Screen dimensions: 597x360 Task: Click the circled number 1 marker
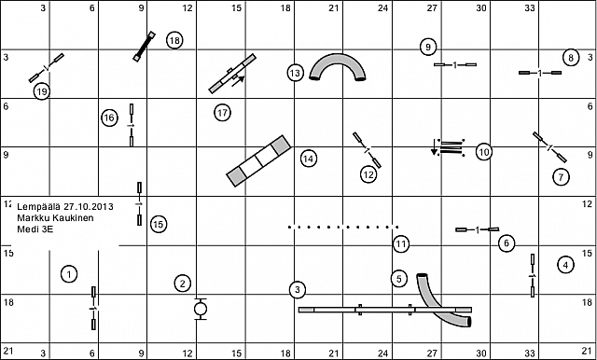(x=69, y=274)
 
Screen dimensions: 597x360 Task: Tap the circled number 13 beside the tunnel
(x=295, y=73)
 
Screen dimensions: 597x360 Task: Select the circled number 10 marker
(x=483, y=152)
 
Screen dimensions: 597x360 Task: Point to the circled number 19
(x=42, y=91)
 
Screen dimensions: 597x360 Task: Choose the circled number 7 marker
(x=561, y=176)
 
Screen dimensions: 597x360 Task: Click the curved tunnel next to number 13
(x=338, y=57)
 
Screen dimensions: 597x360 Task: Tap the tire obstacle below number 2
(x=201, y=309)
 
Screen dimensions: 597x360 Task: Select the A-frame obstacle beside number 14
(x=259, y=161)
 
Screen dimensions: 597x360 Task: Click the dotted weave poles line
(x=343, y=228)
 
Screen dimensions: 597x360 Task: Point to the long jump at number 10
(x=449, y=147)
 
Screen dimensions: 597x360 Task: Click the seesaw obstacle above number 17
(x=232, y=74)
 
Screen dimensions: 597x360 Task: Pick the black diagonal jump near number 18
(x=145, y=46)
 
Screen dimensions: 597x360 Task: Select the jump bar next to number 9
(x=455, y=65)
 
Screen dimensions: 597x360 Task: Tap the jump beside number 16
(x=132, y=125)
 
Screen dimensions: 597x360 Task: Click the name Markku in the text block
(x=31, y=218)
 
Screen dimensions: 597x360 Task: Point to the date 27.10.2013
(x=89, y=207)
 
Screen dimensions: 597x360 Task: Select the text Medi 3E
(x=30, y=229)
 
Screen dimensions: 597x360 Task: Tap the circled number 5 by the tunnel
(x=399, y=279)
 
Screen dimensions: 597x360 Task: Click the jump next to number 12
(x=367, y=150)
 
